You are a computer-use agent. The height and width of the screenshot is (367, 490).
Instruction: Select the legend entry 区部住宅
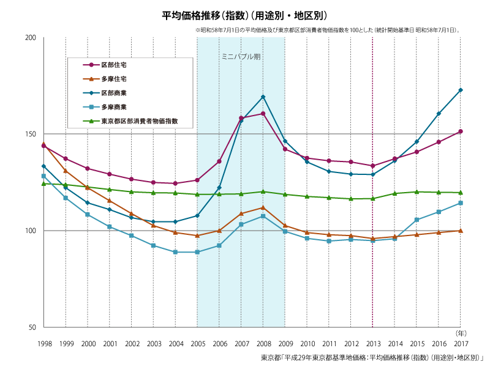[x=114, y=65]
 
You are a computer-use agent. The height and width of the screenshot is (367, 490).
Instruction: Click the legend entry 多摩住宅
[x=114, y=79]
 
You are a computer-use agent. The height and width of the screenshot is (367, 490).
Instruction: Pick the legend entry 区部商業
[x=114, y=93]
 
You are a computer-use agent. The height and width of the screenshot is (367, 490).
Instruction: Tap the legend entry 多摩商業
[x=114, y=107]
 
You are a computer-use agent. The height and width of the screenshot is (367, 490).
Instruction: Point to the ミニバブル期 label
[x=241, y=56]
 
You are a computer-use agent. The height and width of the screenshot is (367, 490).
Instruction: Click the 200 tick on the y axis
[x=31, y=38]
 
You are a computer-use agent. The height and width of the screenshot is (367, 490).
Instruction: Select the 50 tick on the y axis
[x=32, y=327]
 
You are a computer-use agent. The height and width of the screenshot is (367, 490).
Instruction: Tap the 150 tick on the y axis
[x=31, y=134]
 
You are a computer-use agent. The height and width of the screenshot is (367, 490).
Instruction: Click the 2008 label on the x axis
[x=263, y=344]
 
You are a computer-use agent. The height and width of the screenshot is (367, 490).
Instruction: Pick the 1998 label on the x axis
[x=44, y=344]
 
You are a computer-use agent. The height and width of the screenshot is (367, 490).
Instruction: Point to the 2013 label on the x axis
[x=373, y=344]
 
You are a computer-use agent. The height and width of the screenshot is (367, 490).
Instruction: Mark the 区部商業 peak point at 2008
[x=263, y=97]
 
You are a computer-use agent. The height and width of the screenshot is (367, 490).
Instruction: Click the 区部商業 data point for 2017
[x=461, y=90]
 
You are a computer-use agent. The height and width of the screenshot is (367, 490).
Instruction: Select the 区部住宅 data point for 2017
[x=461, y=132]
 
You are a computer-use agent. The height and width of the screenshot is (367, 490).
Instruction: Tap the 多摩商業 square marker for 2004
[x=175, y=252]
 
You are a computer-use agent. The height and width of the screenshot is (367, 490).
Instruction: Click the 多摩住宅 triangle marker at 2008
[x=263, y=207]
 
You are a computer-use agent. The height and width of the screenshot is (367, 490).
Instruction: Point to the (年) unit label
[x=461, y=333]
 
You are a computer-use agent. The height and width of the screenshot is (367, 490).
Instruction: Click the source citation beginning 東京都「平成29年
[x=372, y=357]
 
